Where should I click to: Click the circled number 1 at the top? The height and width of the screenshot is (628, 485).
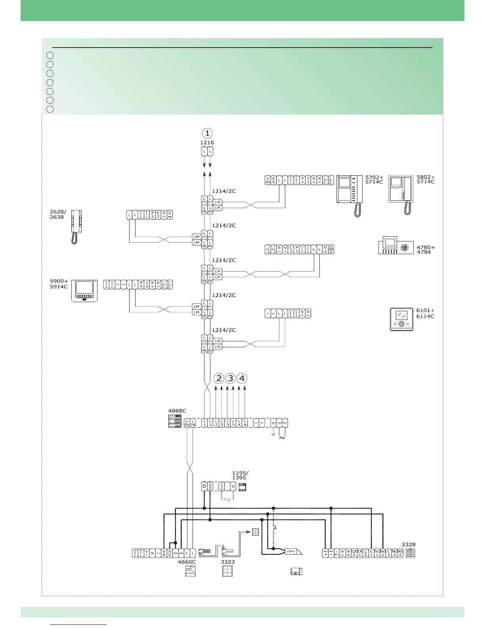[207, 133]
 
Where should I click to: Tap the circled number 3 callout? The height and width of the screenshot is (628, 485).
[230, 378]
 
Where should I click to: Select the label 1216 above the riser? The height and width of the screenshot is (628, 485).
[207, 143]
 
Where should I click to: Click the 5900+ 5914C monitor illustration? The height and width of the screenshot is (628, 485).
[84, 291]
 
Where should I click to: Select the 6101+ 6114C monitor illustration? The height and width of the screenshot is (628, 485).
[401, 319]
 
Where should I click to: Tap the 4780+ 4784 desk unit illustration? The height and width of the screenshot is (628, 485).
[396, 246]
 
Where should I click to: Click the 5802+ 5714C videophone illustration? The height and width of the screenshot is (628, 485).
[401, 194]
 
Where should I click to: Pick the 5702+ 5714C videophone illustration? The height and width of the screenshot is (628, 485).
[349, 195]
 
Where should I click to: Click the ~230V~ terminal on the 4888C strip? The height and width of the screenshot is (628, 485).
[282, 423]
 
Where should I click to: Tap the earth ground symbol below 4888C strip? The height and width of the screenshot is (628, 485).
[273, 434]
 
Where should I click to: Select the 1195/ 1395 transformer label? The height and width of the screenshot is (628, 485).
[240, 475]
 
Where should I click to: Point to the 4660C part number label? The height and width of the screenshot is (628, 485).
[187, 562]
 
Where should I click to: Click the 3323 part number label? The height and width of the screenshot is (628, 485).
[228, 562]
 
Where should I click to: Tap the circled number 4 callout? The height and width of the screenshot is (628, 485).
[242, 378]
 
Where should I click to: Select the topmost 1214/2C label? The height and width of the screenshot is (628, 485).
[224, 191]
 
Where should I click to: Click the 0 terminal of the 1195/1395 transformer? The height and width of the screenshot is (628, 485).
[204, 486]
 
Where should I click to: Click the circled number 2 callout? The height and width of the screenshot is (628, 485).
[219, 378]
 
